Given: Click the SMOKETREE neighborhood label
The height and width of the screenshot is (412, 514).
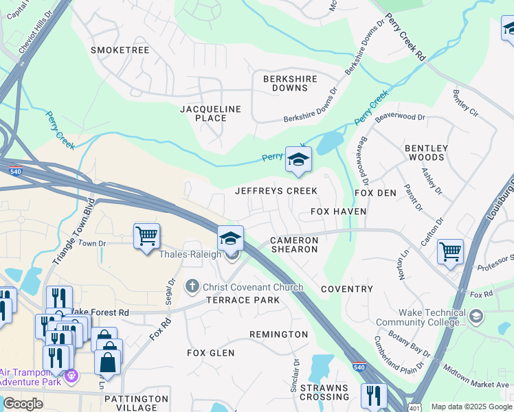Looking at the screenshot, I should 120,50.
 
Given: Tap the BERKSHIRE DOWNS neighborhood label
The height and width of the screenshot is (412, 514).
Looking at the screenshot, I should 290,83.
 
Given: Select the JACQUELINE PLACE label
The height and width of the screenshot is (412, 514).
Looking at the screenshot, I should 211,113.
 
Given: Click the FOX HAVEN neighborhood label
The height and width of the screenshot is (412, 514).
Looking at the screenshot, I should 338,211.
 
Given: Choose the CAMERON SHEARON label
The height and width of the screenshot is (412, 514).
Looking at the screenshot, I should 294,244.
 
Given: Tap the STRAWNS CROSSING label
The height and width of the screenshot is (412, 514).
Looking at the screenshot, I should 324,391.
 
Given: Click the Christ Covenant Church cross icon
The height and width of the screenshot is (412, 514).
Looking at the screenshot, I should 194,285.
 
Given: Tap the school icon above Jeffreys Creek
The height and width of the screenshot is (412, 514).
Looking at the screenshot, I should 298,159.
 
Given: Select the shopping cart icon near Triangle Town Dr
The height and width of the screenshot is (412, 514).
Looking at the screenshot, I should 146,237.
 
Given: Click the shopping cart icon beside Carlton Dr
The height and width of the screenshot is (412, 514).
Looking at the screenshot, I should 450,252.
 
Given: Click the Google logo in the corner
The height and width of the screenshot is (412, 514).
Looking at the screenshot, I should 23,404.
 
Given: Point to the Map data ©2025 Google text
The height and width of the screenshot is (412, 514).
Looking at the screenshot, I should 471,407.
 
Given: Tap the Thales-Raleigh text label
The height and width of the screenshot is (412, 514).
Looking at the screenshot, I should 190,255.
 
